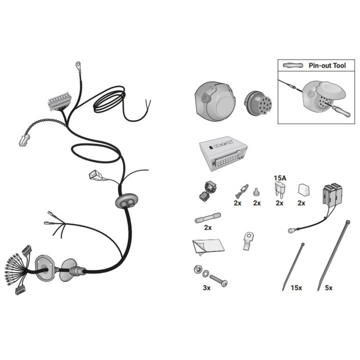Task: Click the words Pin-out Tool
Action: [327, 66]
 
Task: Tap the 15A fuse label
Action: [280, 178]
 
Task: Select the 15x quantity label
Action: [296, 287]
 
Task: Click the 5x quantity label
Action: [329, 287]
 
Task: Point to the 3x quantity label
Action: [207, 287]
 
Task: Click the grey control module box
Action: [224, 153]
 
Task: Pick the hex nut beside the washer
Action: [197, 269]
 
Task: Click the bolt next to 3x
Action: [218, 280]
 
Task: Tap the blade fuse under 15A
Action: [280, 189]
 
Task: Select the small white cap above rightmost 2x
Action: [304, 190]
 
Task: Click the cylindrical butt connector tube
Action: [208, 218]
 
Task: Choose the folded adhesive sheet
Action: [208, 247]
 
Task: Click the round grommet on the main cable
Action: [127, 201]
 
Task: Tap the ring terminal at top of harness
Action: [78, 65]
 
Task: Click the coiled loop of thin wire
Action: [109, 99]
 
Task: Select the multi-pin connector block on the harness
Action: [59, 100]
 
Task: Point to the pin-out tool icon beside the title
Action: [293, 65]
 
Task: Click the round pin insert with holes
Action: [258, 104]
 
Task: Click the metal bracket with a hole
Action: [248, 240]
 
